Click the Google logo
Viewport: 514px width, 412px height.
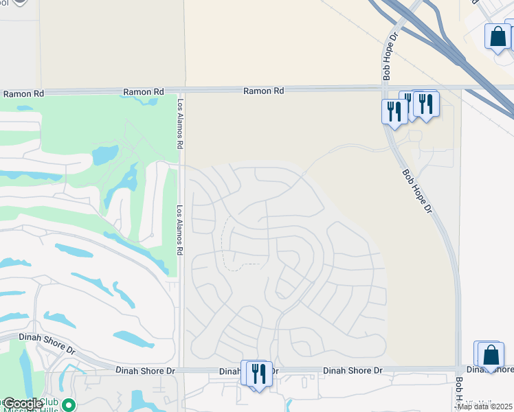[23, 404]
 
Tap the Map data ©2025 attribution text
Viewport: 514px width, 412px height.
[484, 407]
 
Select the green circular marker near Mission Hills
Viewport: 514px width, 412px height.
[67, 404]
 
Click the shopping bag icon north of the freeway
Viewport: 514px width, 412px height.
[497, 36]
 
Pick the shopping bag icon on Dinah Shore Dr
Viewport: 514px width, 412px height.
[491, 355]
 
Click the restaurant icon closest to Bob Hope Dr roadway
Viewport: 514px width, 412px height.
[394, 111]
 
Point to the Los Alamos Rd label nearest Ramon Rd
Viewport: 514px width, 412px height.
[181, 124]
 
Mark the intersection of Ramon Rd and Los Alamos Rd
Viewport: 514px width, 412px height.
[181, 90]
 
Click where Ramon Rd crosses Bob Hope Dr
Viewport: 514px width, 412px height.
[384, 88]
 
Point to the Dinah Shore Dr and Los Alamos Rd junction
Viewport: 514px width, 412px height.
[181, 370]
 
